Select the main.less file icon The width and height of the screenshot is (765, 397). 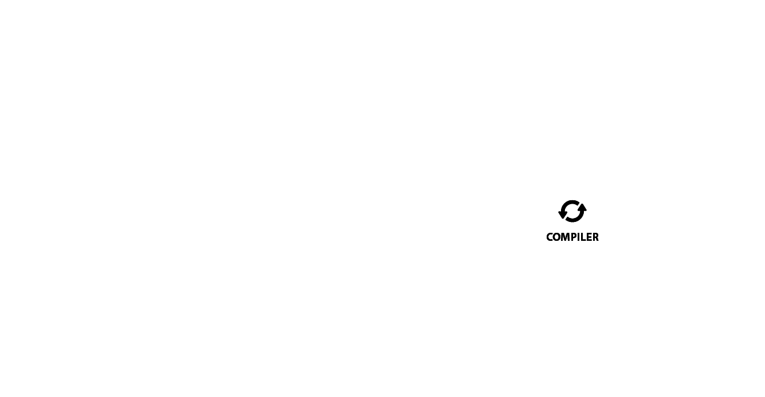[347, 212]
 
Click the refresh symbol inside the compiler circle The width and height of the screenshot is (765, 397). [571, 211]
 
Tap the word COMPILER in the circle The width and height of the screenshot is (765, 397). [571, 237]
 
